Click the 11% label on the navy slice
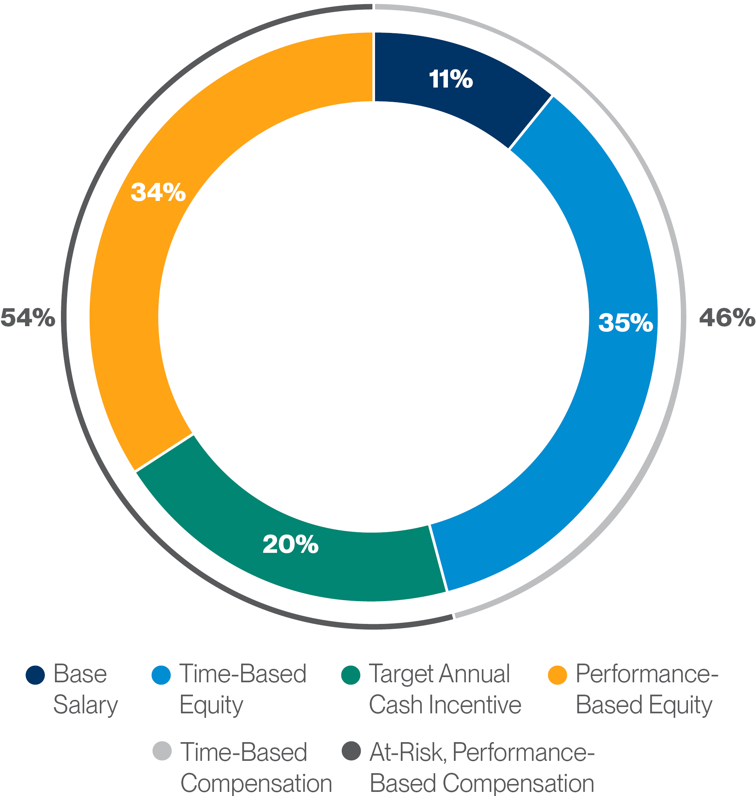click(451, 79)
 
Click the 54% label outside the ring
click(27, 317)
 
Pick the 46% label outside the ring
click(726, 317)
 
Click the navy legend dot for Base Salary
click(35, 675)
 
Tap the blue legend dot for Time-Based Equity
click(161, 675)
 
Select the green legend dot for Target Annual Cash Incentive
click(350, 675)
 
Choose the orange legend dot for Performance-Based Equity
click(558, 675)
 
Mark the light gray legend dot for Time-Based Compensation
click(162, 751)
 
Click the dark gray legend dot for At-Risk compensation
click(351, 751)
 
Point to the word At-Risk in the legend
click(407, 753)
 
